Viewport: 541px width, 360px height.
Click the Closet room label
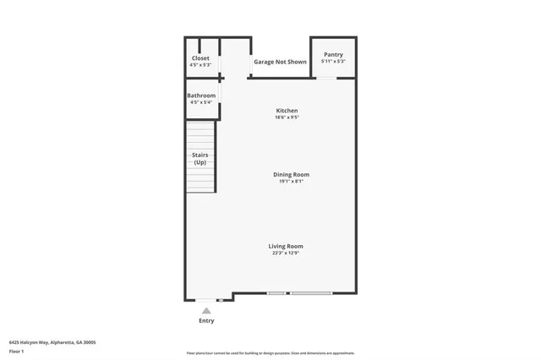pyautogui.click(x=200, y=58)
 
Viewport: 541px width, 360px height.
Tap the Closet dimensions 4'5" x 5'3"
pyautogui.click(x=200, y=65)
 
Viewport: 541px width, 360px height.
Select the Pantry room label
pyautogui.click(x=333, y=55)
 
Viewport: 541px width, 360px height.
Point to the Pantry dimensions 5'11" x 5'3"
pyautogui.click(x=333, y=62)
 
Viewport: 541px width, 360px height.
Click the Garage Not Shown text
pyautogui.click(x=280, y=62)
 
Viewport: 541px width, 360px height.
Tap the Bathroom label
pyautogui.click(x=201, y=95)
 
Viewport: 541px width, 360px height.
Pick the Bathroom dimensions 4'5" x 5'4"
pyautogui.click(x=201, y=102)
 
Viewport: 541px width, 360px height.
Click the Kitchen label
pyautogui.click(x=287, y=111)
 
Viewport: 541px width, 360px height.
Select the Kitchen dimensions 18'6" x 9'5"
pyautogui.click(x=287, y=117)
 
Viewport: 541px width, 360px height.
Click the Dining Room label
pyautogui.click(x=291, y=174)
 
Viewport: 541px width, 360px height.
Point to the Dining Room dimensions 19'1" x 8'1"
pyautogui.click(x=291, y=181)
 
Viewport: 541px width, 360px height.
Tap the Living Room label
pyautogui.click(x=286, y=246)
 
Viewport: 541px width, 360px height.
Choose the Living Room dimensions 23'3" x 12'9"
pyautogui.click(x=286, y=253)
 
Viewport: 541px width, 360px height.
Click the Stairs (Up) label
pyautogui.click(x=200, y=158)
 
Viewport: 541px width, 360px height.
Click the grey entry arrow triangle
pyautogui.click(x=206, y=311)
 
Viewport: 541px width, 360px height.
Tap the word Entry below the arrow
pyautogui.click(x=206, y=320)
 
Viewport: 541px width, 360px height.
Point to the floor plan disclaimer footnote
pyautogui.click(x=270, y=353)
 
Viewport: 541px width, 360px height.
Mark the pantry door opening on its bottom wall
pyautogui.click(x=326, y=79)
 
